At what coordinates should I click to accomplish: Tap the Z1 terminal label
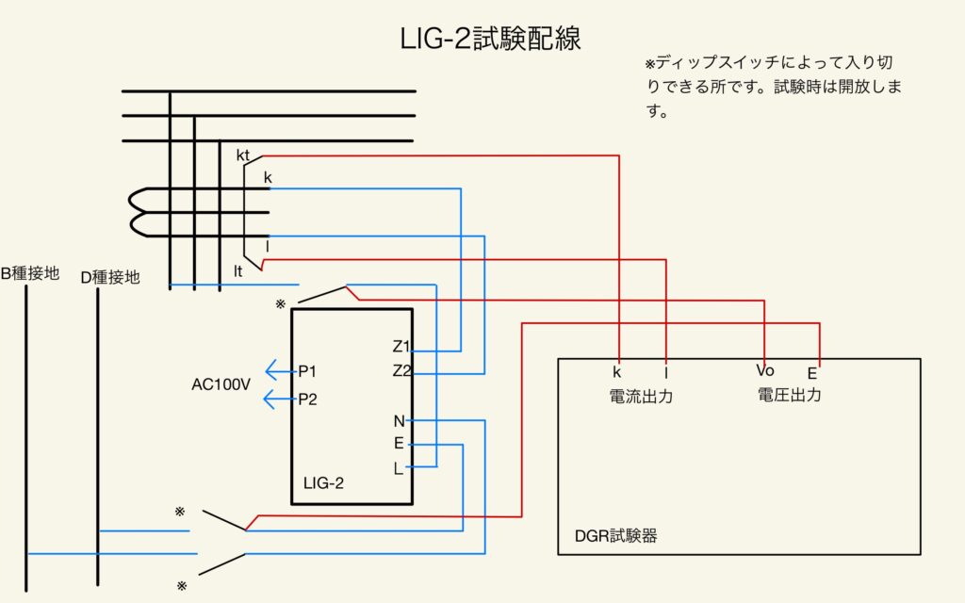click(x=401, y=346)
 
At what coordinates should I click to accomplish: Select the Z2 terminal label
click(x=401, y=370)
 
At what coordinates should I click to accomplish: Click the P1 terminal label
click(x=307, y=371)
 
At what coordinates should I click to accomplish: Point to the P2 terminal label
click(x=307, y=399)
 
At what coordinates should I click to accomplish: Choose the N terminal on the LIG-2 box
click(x=399, y=421)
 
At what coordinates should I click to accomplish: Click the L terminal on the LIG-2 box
click(x=398, y=468)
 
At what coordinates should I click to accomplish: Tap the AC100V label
click(x=221, y=385)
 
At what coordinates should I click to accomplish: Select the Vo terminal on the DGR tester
click(x=764, y=370)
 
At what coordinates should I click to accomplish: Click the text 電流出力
click(x=642, y=397)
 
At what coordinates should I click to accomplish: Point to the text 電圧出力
click(x=789, y=395)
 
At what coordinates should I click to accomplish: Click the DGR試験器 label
click(x=615, y=536)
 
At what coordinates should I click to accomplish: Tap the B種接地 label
click(x=29, y=274)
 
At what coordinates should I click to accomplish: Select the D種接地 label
click(x=110, y=277)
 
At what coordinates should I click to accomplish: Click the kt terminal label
click(x=242, y=154)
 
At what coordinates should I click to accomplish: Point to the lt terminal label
click(x=239, y=271)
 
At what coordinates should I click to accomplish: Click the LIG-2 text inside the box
click(x=323, y=483)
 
